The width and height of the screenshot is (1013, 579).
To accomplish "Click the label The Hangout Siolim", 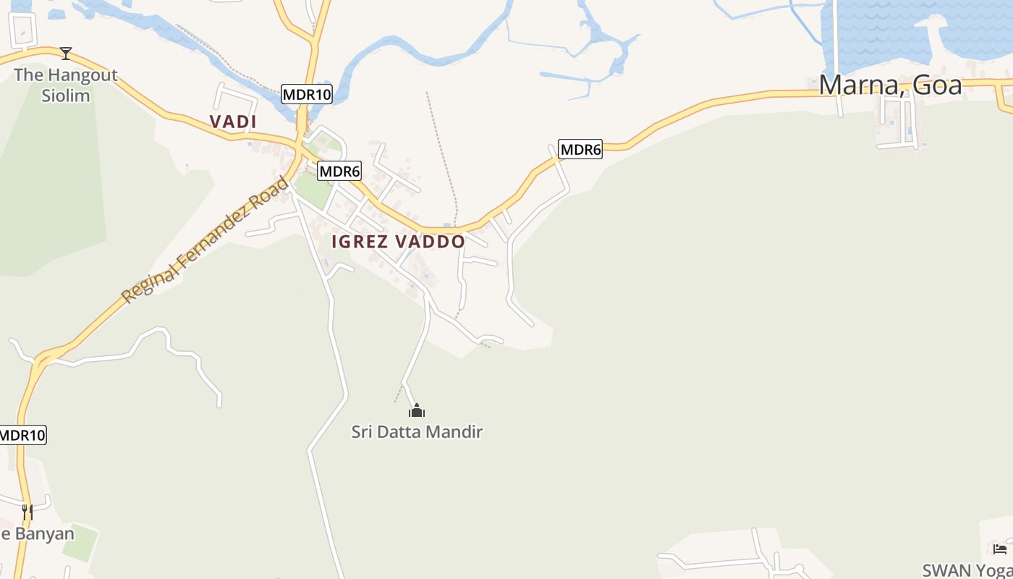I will point(65,85).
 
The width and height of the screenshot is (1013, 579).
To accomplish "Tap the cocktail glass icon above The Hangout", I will point(66,53).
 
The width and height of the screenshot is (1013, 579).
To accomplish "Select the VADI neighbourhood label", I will point(233,122).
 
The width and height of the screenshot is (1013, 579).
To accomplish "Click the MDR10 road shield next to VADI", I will point(306,94).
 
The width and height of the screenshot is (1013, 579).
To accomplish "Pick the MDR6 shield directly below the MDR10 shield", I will point(339,172).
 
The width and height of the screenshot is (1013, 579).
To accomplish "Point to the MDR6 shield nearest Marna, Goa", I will point(580,150).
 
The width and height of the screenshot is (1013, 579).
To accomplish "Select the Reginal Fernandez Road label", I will point(204,240).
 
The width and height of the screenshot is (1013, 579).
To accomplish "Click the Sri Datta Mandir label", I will point(417,432).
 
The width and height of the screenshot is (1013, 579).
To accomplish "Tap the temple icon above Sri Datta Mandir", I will point(417,411).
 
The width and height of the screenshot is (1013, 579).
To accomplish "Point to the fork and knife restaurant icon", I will point(27,512).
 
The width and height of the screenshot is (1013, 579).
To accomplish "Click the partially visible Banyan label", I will point(38,534).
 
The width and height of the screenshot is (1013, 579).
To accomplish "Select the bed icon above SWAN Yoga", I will point(1000,549).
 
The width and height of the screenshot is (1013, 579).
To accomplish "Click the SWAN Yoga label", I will point(967,570).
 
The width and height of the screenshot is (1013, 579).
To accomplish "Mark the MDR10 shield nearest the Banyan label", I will point(22,435).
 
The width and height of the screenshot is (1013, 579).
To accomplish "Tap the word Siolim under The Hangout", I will point(65,96).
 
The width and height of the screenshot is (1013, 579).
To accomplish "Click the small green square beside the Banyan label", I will point(80,541).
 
